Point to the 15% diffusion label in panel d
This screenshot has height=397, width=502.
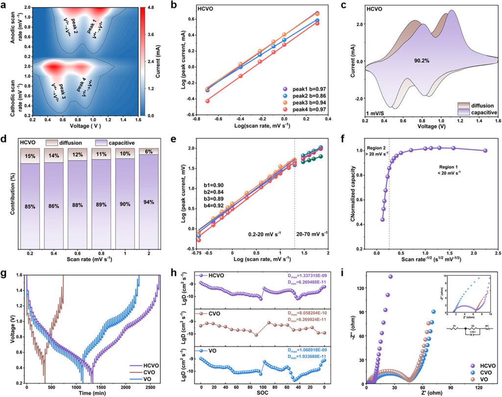[x=30, y=156]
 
